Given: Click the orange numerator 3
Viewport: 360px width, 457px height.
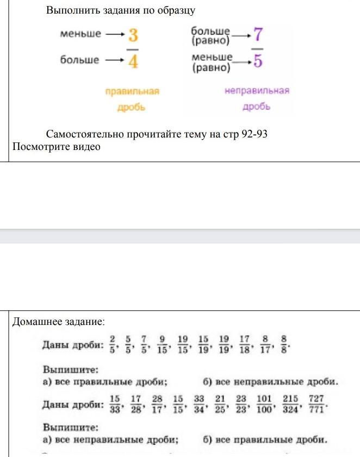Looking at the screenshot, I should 133,36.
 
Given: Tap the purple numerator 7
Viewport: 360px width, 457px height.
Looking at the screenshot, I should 258,34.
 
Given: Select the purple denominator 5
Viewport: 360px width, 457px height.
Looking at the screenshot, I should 258,61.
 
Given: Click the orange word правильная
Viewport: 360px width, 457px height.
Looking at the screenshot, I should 132,91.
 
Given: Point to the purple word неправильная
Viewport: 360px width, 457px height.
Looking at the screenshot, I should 257,91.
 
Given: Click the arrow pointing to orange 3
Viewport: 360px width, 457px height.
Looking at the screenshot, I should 114,34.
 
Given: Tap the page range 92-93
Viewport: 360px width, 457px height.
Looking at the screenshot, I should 253,134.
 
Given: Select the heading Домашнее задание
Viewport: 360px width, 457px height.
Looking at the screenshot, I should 58,322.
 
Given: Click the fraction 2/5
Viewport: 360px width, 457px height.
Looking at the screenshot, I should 111,343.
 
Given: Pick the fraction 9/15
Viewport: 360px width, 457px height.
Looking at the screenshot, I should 162,343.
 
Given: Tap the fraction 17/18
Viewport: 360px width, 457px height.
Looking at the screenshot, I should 244,343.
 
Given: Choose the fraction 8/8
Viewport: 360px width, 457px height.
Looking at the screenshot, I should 283,343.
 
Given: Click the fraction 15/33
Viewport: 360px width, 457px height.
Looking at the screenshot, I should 115,404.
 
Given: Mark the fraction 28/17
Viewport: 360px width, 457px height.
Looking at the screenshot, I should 157,404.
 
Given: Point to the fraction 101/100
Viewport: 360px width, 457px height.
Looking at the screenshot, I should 264,404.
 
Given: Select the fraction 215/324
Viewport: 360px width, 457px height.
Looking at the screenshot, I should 290,404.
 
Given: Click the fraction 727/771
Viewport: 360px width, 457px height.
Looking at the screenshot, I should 316,404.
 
